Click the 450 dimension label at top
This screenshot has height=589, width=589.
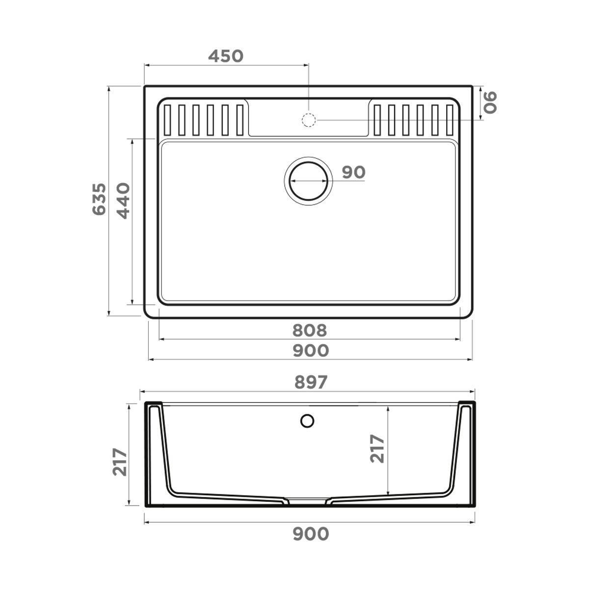pyautogui.click(x=225, y=56)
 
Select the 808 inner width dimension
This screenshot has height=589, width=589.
pyautogui.click(x=309, y=330)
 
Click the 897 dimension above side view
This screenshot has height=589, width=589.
pyautogui.click(x=309, y=382)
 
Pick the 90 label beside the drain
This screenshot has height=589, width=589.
pyautogui.click(x=353, y=172)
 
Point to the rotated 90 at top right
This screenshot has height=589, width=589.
pyautogui.click(x=490, y=102)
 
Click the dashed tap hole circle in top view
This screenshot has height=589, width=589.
pyautogui.click(x=308, y=119)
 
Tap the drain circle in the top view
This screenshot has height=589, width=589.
pyautogui.click(x=308, y=180)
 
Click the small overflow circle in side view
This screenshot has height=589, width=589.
pyautogui.click(x=307, y=421)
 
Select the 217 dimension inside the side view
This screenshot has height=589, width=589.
pyautogui.click(x=377, y=448)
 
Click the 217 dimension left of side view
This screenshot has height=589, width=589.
pyautogui.click(x=120, y=462)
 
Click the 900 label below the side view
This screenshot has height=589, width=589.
pyautogui.click(x=310, y=534)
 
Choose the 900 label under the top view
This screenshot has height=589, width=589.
pyautogui.click(x=310, y=350)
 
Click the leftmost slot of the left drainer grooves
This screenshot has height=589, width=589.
pyautogui.click(x=167, y=119)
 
